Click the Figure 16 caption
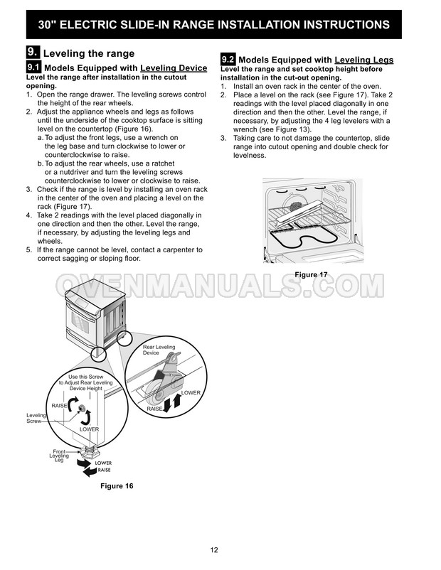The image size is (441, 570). [x=117, y=486]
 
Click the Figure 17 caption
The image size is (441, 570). [x=311, y=274]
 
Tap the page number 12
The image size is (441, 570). [x=214, y=550]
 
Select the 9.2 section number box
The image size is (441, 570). [x=228, y=60]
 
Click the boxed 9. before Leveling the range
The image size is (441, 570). [x=33, y=53]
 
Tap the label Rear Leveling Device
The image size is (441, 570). [x=159, y=350]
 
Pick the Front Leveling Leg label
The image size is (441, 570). [x=60, y=456]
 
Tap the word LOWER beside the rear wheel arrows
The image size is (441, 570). [x=191, y=392]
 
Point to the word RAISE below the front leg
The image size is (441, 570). [x=104, y=470]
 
